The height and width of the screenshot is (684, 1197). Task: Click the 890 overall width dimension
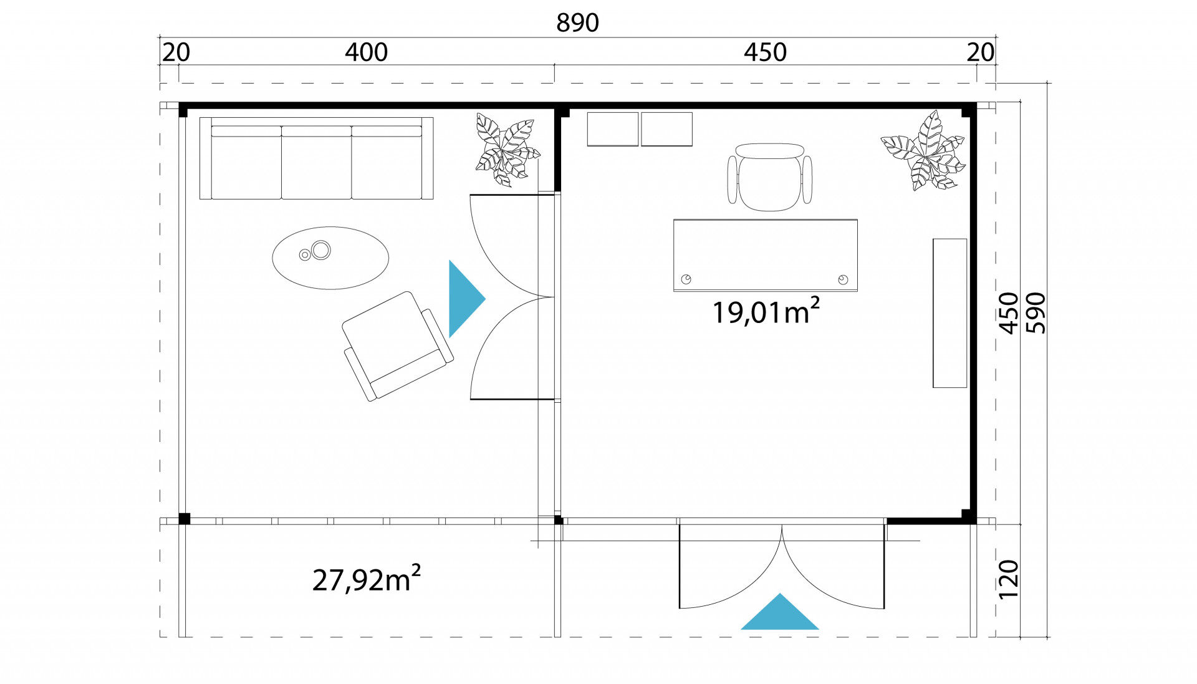577,22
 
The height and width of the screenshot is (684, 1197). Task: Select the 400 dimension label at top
366,52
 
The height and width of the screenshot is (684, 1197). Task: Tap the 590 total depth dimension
1035,313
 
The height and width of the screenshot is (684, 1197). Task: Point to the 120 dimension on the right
1008,579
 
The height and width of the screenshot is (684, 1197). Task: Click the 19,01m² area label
766,311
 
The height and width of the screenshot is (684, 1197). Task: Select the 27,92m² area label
366,578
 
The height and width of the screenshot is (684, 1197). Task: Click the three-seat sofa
316,158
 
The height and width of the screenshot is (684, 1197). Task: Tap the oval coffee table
330,258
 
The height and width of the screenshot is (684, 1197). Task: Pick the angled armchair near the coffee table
398,346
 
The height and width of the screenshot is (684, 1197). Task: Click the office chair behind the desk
770,177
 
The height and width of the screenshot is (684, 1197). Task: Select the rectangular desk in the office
765,255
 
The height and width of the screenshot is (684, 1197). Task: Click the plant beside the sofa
507,150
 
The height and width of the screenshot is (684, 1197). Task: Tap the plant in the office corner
923,151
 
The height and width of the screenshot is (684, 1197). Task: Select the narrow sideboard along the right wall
949,313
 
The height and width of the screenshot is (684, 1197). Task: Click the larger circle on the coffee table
321,251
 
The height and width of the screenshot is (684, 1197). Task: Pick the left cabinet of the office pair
613,129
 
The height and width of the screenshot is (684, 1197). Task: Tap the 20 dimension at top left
176,52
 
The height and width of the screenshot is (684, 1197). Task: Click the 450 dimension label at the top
765,52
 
